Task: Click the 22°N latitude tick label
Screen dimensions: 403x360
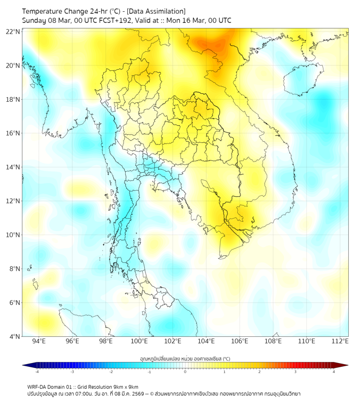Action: coord(13,31)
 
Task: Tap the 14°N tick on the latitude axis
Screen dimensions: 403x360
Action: coord(13,167)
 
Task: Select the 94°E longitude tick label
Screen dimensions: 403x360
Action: coord(39,341)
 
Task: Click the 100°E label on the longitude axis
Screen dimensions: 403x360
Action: coord(139,341)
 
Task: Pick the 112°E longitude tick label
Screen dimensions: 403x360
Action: coord(340,341)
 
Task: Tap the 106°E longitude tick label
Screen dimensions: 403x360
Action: coord(240,341)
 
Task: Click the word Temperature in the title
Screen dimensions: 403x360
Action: coord(46,11)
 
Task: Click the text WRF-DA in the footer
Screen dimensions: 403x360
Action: coord(37,387)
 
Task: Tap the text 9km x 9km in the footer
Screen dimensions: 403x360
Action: coord(126,387)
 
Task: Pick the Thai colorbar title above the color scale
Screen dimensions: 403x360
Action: coord(185,359)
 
